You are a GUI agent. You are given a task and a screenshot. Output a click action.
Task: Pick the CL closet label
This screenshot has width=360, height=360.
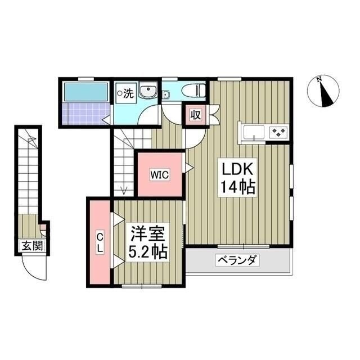point(99,242)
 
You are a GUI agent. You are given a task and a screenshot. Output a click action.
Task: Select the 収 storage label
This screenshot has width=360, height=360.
point(195,115)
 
